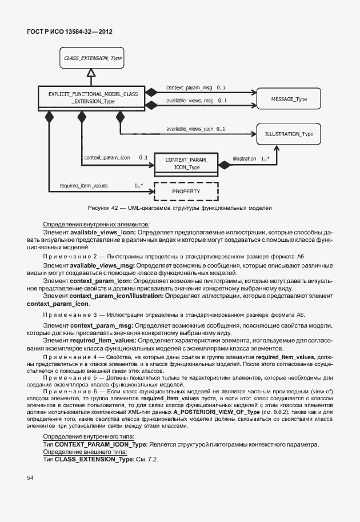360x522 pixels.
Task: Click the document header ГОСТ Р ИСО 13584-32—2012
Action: [x=69, y=32]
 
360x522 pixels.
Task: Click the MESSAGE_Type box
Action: [x=289, y=99]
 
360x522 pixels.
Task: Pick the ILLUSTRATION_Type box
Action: [x=289, y=134]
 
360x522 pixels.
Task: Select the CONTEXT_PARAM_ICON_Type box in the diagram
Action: [x=186, y=163]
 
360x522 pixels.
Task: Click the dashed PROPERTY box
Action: [x=186, y=191]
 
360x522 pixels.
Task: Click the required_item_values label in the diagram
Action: [x=83, y=185]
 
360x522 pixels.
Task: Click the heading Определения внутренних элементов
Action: [x=96, y=224]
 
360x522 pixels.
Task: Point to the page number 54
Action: [x=31, y=477]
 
